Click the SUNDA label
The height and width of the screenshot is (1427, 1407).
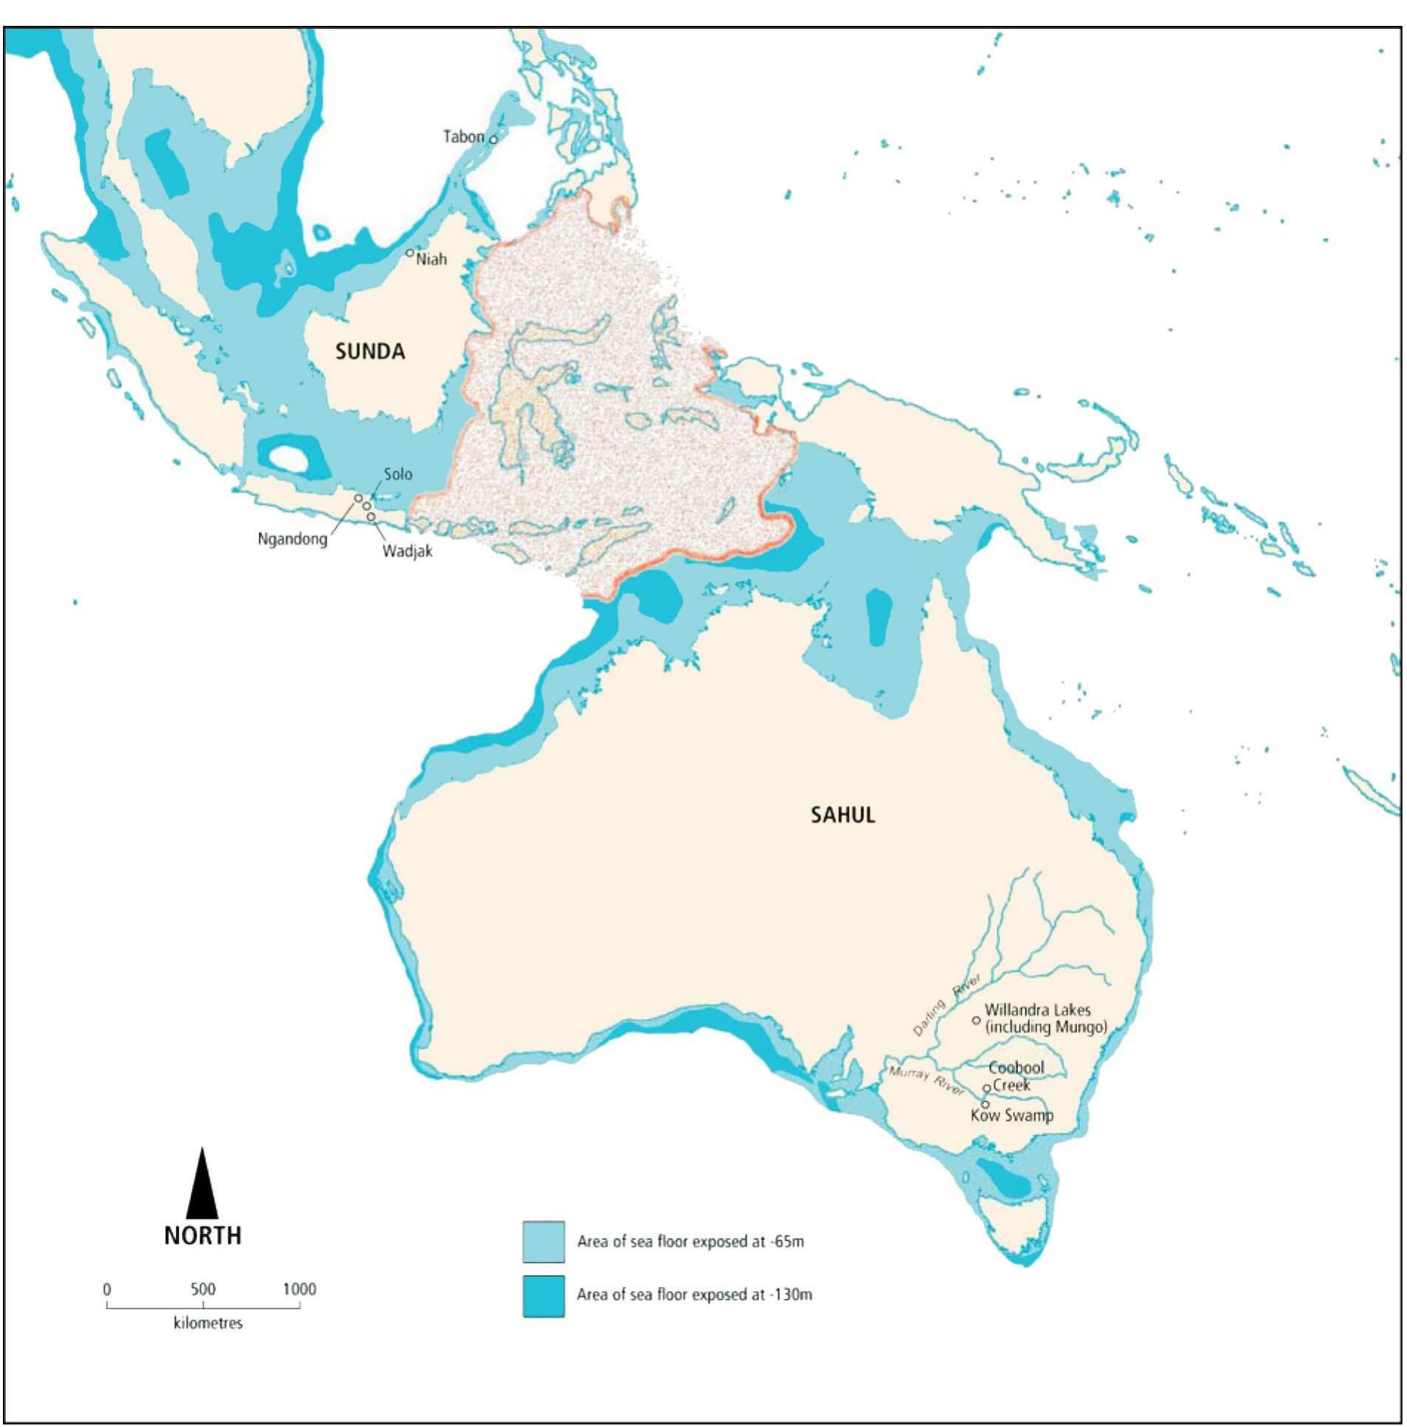tap(370, 351)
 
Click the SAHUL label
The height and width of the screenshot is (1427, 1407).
tap(843, 815)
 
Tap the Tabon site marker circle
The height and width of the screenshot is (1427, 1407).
tap(493, 140)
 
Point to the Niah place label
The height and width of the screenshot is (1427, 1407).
tap(431, 260)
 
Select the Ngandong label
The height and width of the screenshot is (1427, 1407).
tap(292, 539)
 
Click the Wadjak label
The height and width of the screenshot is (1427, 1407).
tap(407, 551)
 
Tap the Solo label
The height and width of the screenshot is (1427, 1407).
tap(398, 474)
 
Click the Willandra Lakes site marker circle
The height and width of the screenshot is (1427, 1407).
tap(976, 1020)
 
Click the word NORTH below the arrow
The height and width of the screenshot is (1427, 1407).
tap(203, 1235)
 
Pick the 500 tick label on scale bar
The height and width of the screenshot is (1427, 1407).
tap(203, 1289)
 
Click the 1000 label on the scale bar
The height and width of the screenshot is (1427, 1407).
tap(300, 1289)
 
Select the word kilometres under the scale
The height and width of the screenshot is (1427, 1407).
tap(208, 1323)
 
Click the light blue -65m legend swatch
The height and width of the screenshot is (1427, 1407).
tap(544, 1241)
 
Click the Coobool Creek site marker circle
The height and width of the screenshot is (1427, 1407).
tap(986, 1088)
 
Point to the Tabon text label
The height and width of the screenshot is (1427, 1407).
tap(463, 137)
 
